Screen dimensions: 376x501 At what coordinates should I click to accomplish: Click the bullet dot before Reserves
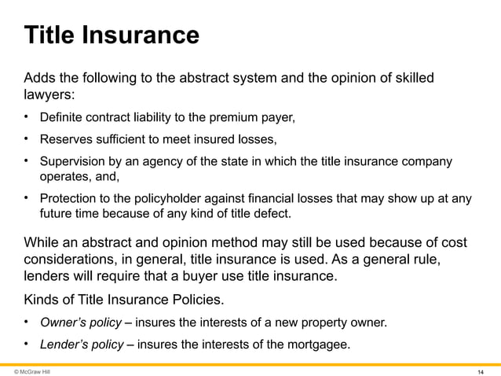click(x=26, y=140)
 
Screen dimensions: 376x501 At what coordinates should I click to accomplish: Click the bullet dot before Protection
click(x=26, y=198)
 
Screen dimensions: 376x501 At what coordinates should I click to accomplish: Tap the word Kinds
click(x=42, y=299)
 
